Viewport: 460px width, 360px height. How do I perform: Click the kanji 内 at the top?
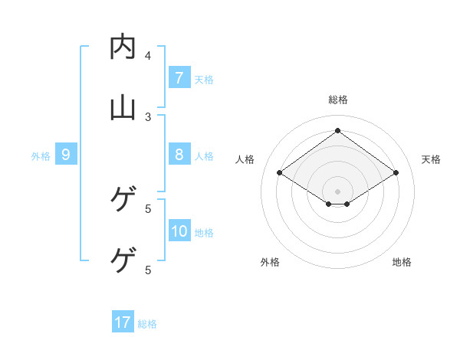123,47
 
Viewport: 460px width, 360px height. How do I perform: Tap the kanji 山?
123,108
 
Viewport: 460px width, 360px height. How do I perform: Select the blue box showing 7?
179,78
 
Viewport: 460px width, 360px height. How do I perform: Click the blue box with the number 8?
179,155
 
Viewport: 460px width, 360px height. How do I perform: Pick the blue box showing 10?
179,232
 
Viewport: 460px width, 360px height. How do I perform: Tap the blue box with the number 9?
66,155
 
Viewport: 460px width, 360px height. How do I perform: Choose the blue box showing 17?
123,322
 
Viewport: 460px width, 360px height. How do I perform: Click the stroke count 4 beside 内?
148,55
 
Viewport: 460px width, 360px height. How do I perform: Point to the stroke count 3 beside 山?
148,116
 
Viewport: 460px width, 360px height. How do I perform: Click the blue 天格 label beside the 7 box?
204,79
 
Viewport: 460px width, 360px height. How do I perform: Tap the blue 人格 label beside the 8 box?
204,156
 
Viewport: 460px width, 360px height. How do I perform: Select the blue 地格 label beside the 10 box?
204,233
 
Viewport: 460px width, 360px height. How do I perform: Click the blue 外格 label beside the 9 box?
41,156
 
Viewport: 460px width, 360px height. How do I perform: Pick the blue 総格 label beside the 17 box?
147,324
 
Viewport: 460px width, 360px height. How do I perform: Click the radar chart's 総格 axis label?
338,100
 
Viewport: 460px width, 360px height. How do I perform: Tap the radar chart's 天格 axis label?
432,159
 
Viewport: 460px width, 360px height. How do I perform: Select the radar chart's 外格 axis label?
270,262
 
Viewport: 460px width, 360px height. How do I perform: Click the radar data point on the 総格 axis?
338,130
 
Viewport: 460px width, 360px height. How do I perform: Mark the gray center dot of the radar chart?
338,191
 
